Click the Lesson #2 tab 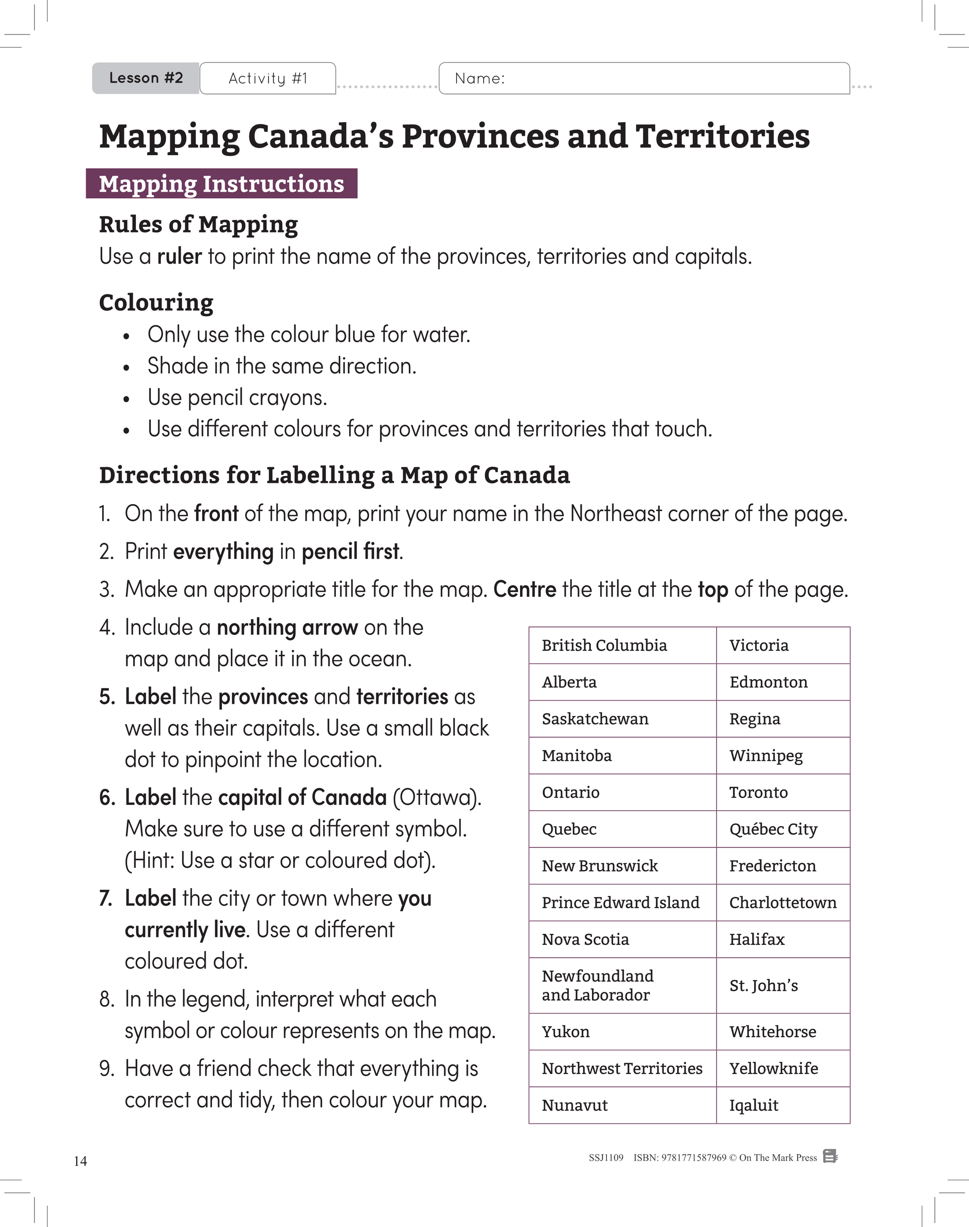tap(146, 78)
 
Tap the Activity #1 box tap(268, 78)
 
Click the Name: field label tap(479, 78)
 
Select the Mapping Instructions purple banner tap(221, 184)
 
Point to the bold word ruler tap(179, 257)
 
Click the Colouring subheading tap(156, 302)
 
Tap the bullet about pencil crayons tap(237, 397)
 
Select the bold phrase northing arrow tap(287, 628)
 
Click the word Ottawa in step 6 tap(435, 797)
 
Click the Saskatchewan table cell tap(621, 719)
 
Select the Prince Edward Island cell tap(621, 902)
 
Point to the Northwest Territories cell tap(622, 1068)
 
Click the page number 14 tap(80, 1161)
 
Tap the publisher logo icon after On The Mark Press tap(830, 1156)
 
